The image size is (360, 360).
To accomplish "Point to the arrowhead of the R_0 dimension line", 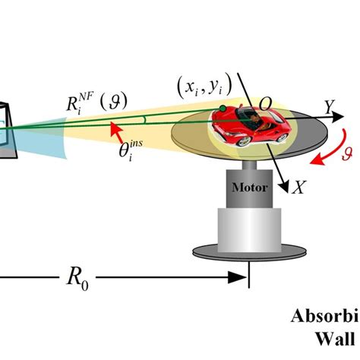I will point(242,279).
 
